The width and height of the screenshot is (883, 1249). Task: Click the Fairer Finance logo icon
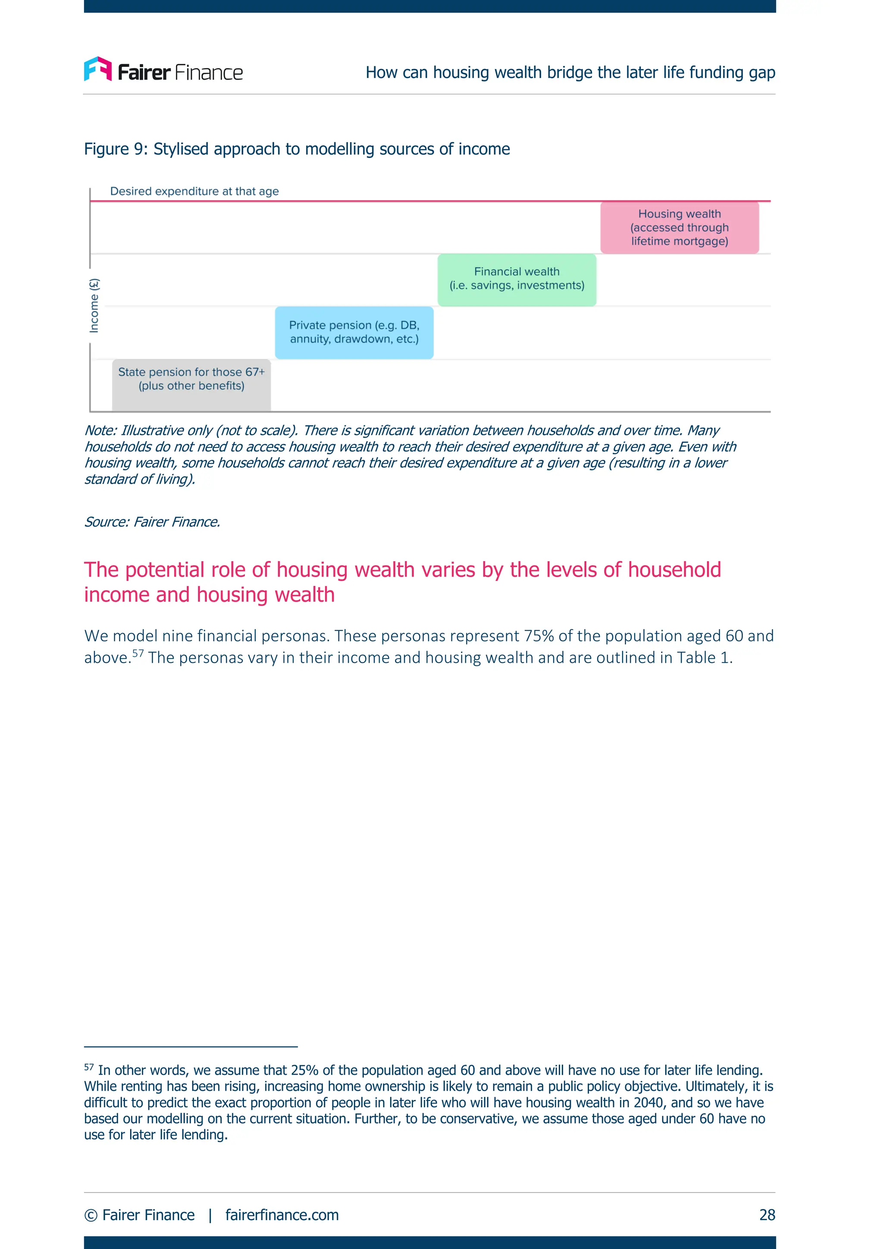click(x=98, y=69)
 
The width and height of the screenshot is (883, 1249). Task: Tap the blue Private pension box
click(x=354, y=332)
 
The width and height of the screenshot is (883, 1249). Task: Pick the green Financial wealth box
click(x=517, y=280)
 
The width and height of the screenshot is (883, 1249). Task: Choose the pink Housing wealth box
click(x=679, y=228)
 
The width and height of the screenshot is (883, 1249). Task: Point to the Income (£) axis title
click(x=94, y=306)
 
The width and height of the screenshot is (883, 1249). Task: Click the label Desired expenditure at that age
click(x=194, y=191)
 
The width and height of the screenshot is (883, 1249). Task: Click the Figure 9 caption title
click(x=297, y=149)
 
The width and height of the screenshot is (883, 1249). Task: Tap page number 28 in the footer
click(x=767, y=1215)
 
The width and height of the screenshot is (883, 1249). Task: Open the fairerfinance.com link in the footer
click(x=282, y=1215)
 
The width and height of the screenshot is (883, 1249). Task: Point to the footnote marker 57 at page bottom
click(x=89, y=1067)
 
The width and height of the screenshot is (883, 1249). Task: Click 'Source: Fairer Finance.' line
click(x=152, y=522)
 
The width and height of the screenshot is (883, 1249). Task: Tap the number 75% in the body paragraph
click(x=539, y=636)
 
